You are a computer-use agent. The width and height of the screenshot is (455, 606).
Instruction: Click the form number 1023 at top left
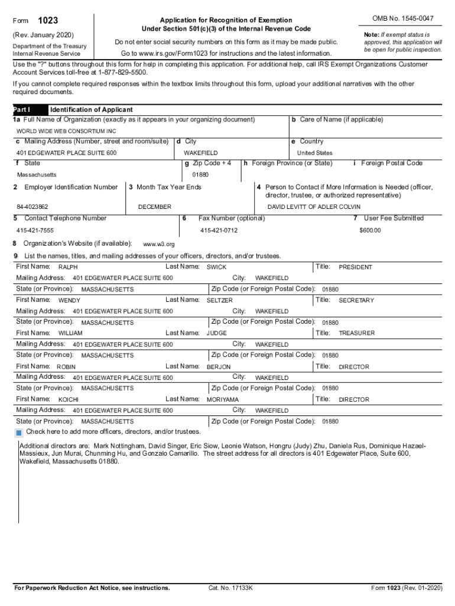[x=48, y=21]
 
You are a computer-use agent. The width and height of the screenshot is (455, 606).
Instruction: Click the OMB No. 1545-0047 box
[x=403, y=19]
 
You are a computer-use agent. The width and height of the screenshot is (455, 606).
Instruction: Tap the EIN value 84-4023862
[x=32, y=207]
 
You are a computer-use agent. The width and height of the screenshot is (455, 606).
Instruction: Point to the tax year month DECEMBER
[x=155, y=207]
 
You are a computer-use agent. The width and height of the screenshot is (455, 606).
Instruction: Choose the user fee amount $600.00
[x=370, y=230]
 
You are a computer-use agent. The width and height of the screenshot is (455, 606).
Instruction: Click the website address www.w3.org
[x=159, y=244]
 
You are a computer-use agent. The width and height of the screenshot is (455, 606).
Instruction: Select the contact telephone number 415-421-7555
[x=35, y=230]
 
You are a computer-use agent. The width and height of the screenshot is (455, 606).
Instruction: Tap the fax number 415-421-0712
[x=219, y=230]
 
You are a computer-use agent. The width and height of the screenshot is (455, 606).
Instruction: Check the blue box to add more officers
[x=20, y=432]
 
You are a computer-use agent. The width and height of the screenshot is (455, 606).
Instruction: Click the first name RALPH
[x=68, y=267]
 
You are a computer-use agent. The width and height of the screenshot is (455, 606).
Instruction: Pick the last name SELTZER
[x=220, y=301]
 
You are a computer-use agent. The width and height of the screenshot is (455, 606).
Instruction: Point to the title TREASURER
[x=356, y=333]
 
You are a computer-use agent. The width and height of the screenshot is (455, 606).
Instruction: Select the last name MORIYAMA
[x=223, y=400]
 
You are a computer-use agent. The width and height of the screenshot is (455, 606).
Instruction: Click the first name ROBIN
[x=66, y=367]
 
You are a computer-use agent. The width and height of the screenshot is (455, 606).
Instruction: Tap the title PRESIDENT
[x=355, y=267]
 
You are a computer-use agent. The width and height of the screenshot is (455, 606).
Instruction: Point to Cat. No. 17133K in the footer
[x=230, y=588]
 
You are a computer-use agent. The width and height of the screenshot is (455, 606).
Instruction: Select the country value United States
[x=314, y=153]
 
